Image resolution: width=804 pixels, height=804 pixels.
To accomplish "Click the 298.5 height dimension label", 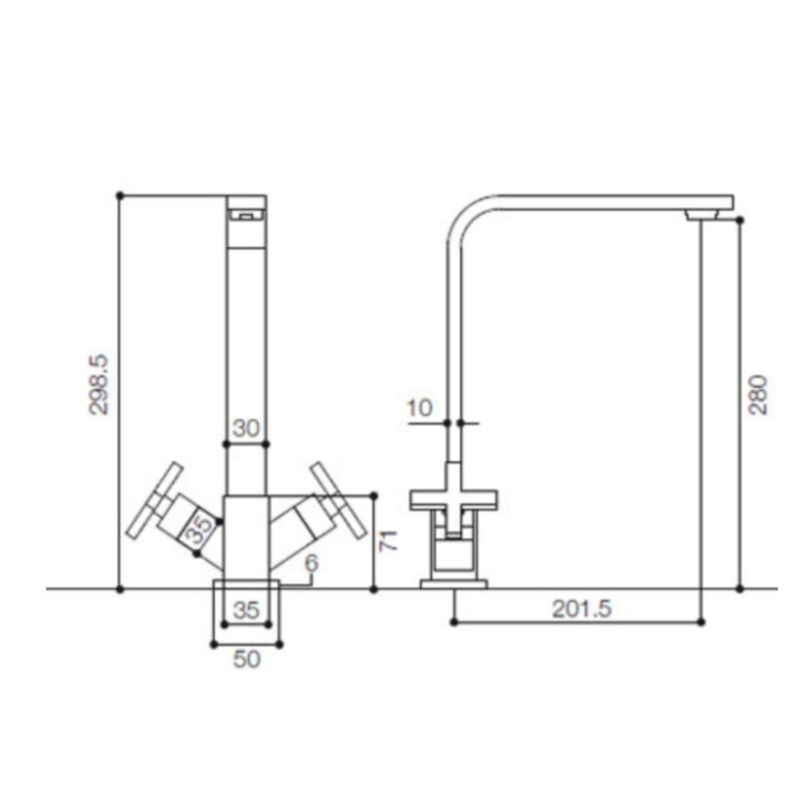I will (100, 385).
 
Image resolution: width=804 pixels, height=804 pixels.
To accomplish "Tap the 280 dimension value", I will (758, 396).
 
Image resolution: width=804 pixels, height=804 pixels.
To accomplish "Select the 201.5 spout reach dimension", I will (581, 608).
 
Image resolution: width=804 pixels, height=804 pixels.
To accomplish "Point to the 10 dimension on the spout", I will (420, 407).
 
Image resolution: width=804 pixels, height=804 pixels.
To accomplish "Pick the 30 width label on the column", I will (246, 429).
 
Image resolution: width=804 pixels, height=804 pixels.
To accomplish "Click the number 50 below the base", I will (247, 660).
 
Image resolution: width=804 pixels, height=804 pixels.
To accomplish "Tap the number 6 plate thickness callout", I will (312, 563).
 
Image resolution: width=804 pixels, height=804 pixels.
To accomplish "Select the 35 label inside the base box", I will (247, 610).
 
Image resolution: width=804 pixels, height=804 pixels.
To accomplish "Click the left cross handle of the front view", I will (153, 502).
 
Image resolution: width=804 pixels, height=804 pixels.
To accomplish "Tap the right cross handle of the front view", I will (338, 500).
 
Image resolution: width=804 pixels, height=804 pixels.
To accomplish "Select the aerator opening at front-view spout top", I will (246, 214).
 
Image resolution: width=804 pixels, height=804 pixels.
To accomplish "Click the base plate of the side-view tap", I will (454, 583).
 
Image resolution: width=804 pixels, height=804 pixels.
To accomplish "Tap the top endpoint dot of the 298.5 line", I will (119, 195).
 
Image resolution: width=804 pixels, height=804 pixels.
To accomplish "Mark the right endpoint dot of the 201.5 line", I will (701, 622).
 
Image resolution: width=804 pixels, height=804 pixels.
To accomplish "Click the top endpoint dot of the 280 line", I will (740, 221).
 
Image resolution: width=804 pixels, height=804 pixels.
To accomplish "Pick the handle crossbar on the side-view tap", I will (454, 497).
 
